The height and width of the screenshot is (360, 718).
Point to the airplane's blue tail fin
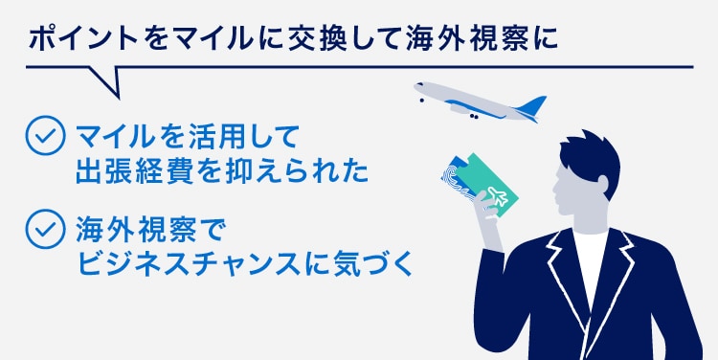point(532,104)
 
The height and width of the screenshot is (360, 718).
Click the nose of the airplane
point(419,88)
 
